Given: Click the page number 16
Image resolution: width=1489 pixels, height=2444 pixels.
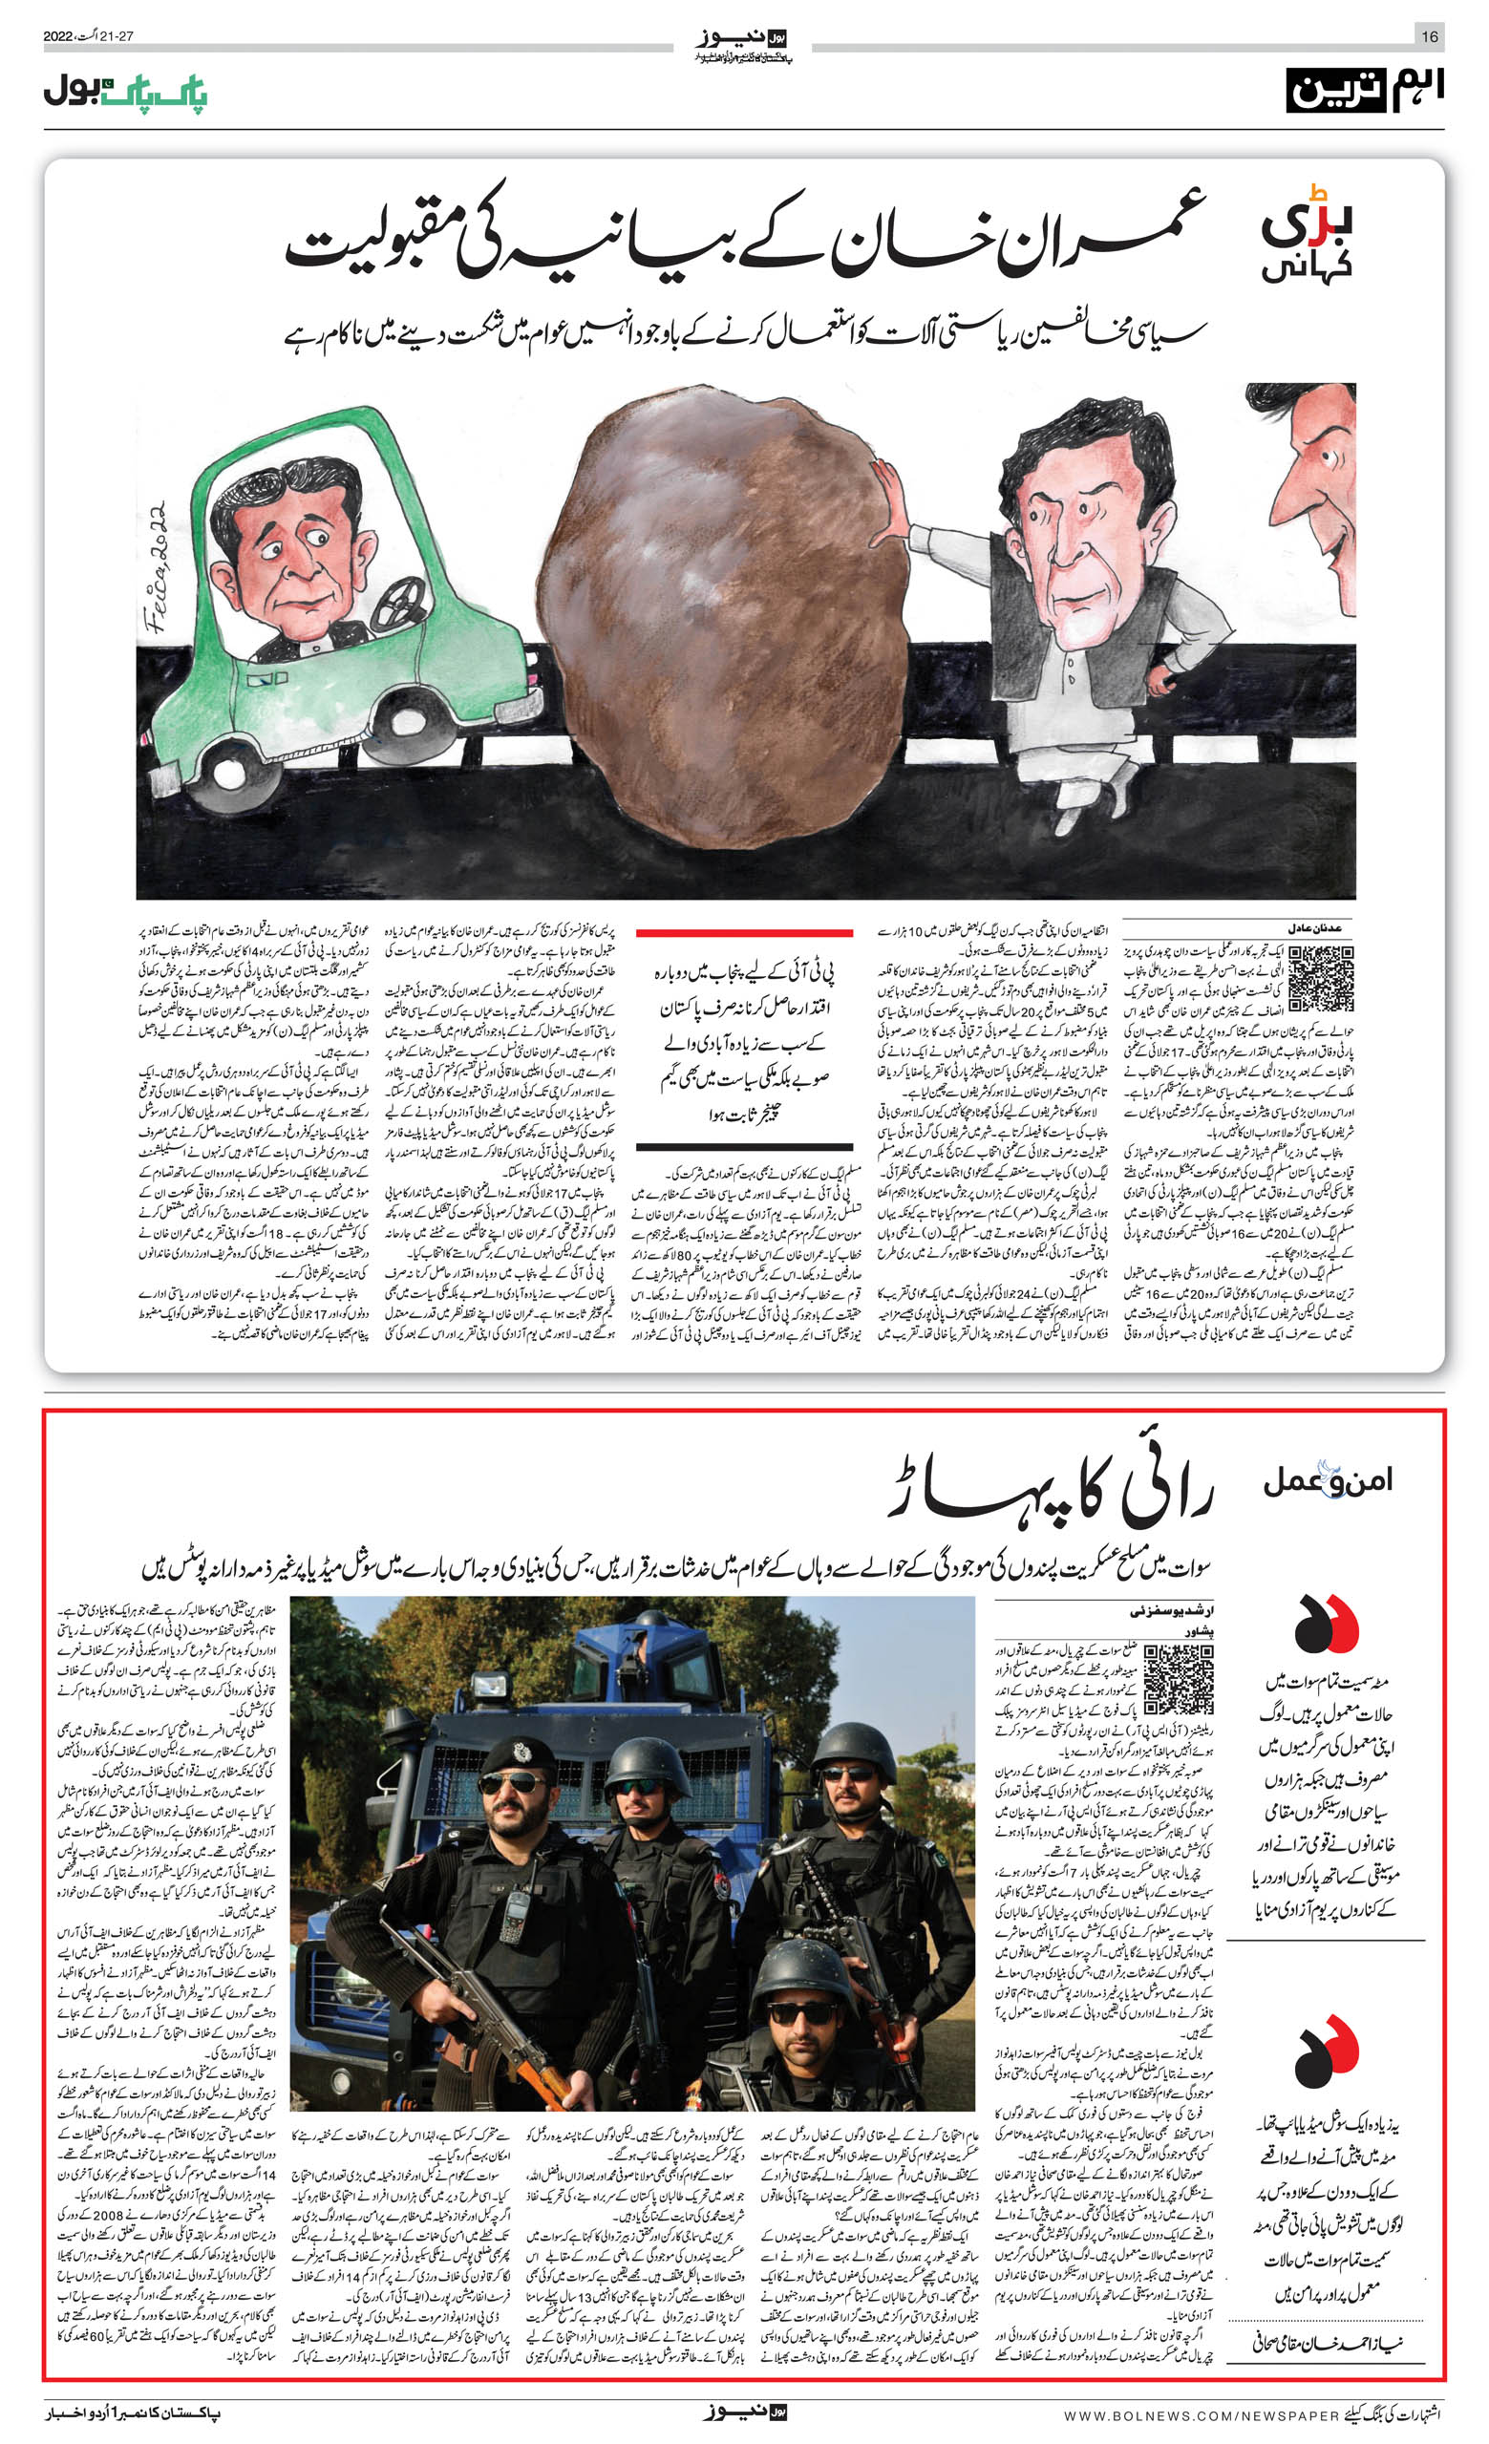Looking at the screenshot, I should pyautogui.click(x=1429, y=36).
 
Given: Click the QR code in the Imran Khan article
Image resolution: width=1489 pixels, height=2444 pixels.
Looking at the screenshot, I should pyautogui.click(x=1320, y=978).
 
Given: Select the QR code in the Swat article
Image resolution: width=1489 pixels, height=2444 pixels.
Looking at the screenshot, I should pyautogui.click(x=1178, y=1679).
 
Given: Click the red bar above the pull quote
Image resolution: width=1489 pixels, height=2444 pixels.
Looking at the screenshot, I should pyautogui.click(x=744, y=933).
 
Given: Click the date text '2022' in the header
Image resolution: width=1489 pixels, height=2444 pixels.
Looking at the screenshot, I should pyautogui.click(x=57, y=36).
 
